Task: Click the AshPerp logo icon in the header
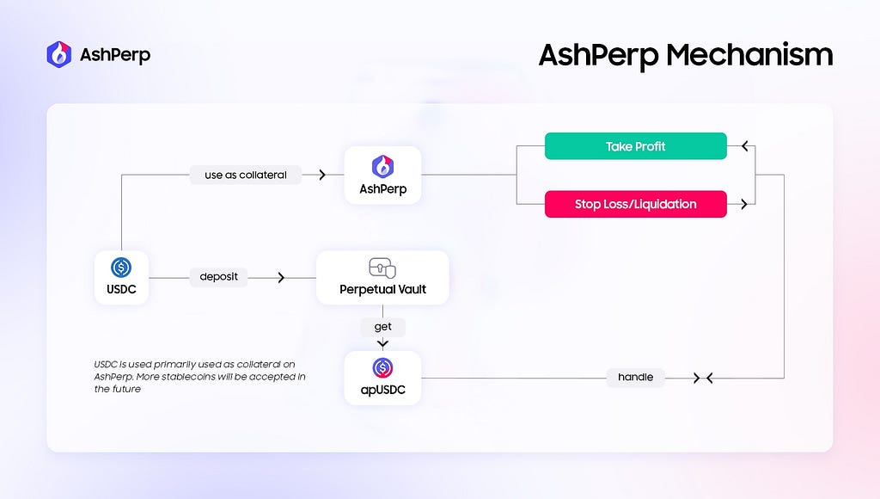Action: pyautogui.click(x=59, y=54)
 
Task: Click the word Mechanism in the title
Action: pyautogui.click(x=749, y=55)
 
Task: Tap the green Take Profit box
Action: pyautogui.click(x=635, y=146)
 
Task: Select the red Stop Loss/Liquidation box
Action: pyautogui.click(x=635, y=204)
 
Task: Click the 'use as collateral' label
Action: pyautogui.click(x=245, y=175)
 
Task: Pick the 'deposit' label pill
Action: pyautogui.click(x=218, y=276)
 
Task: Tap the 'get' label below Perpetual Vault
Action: pyautogui.click(x=382, y=326)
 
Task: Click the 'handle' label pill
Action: pyautogui.click(x=635, y=377)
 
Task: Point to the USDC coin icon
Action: pyautogui.click(x=121, y=267)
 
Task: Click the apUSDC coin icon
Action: pyautogui.click(x=382, y=368)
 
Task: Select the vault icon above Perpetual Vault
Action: pyautogui.click(x=382, y=268)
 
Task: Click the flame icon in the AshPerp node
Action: pyautogui.click(x=382, y=166)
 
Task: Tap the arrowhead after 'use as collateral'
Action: pyautogui.click(x=322, y=175)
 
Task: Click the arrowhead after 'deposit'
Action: pyautogui.click(x=281, y=278)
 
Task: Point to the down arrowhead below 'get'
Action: pyautogui.click(x=382, y=343)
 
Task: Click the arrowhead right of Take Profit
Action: pyautogui.click(x=745, y=146)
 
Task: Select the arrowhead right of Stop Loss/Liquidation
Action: pyautogui.click(x=744, y=204)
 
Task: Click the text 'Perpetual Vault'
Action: pyautogui.click(x=382, y=289)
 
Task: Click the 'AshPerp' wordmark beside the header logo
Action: pyautogui.click(x=115, y=55)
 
